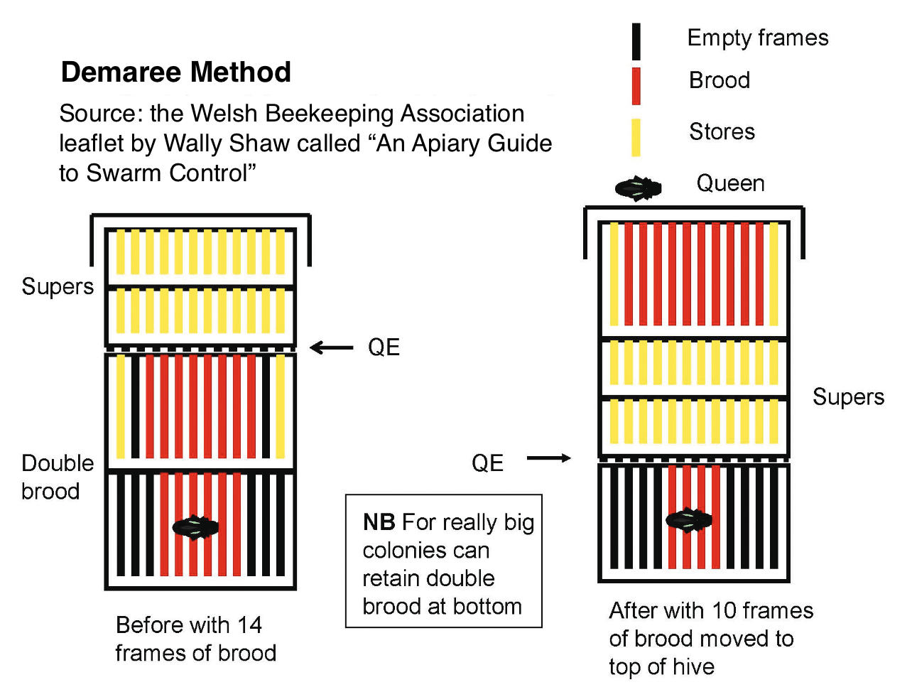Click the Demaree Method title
tap(176, 72)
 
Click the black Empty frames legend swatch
tap(636, 42)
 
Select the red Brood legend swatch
tap(636, 86)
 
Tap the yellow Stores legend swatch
tap(636, 137)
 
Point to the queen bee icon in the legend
tap(638, 188)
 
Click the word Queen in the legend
tap(730, 183)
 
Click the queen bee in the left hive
tap(195, 527)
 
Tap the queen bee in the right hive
tap(688, 521)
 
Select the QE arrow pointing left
tap(332, 347)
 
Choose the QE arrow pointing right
tap(548, 458)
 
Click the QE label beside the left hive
tap(384, 347)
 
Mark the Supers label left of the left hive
tap(58, 286)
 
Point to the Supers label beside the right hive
tap(848, 396)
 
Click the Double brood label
tap(57, 477)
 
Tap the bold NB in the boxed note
tap(379, 522)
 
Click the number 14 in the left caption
tap(249, 625)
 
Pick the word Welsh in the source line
tap(224, 114)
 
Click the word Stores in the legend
tap(722, 131)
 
